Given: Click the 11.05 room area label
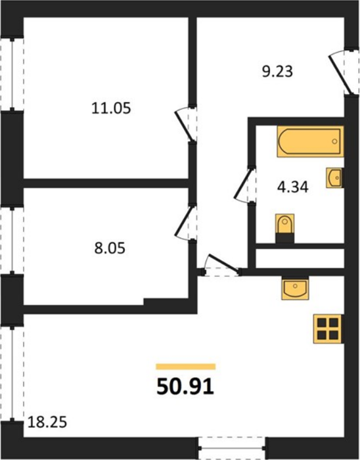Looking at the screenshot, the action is pyautogui.click(x=111, y=108).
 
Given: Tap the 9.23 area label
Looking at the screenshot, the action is pyautogui.click(x=277, y=72).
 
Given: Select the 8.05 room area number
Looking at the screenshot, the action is pyautogui.click(x=110, y=248).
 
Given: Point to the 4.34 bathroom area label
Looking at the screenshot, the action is pyautogui.click(x=293, y=187).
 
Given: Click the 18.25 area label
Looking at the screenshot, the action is pyautogui.click(x=47, y=423).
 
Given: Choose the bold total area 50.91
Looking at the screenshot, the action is pyautogui.click(x=185, y=387).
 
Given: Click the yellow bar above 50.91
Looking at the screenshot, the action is pyautogui.click(x=186, y=367).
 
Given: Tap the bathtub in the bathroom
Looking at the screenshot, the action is pyautogui.click(x=310, y=141).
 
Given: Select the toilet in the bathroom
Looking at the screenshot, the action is pyautogui.click(x=284, y=228).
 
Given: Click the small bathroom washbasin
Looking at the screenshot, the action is pyautogui.click(x=334, y=178).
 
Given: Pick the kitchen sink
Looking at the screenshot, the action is pyautogui.click(x=295, y=288).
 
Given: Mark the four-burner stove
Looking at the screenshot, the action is pyautogui.click(x=328, y=329).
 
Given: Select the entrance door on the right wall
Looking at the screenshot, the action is pyautogui.click(x=344, y=72).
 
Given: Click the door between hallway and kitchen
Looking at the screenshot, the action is pyautogui.click(x=221, y=265).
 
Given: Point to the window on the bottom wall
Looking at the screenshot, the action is pyautogui.click(x=232, y=448).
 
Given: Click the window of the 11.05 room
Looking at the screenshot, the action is pyautogui.click(x=12, y=74).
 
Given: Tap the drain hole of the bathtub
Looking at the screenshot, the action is pyautogui.click(x=334, y=141).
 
